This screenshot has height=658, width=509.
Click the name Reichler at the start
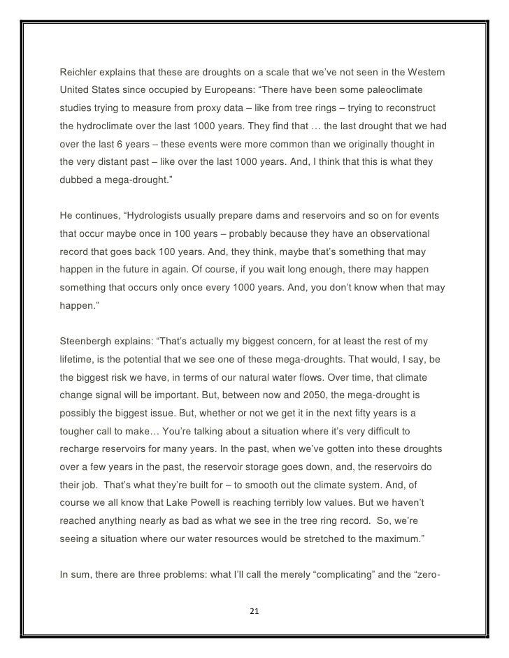click(80, 73)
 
